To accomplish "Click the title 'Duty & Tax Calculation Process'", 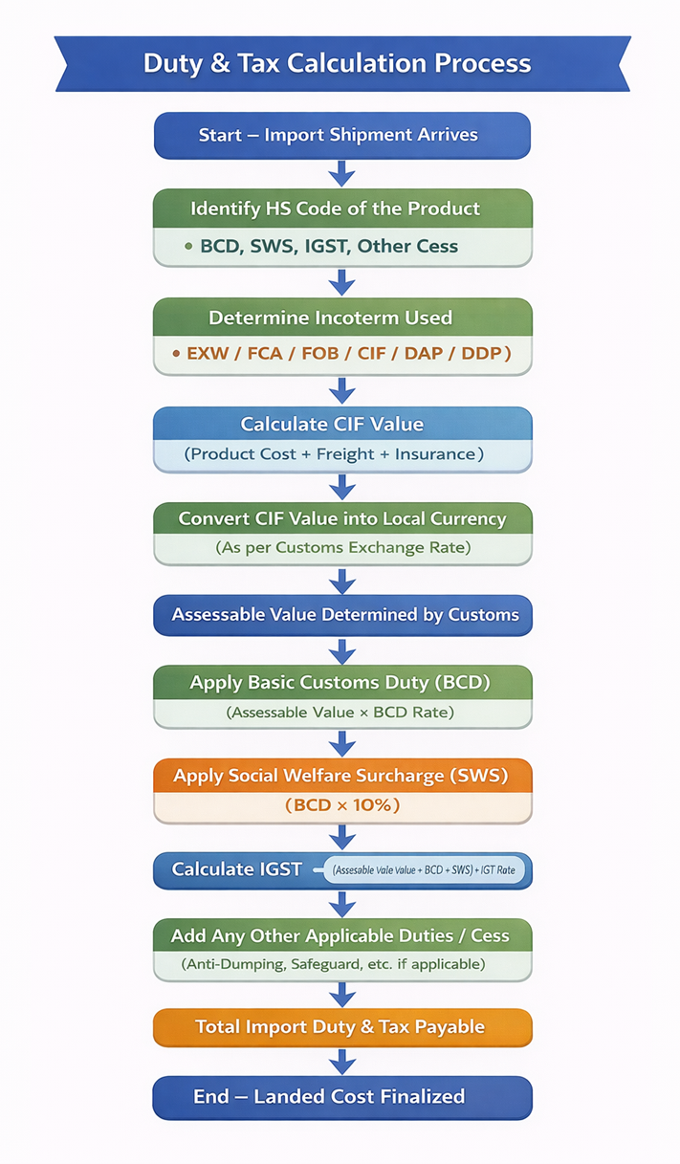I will [337, 64].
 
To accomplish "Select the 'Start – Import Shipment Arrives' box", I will [341, 135].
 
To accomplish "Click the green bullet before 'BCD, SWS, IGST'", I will [188, 247].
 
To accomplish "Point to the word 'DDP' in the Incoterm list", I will [487, 353].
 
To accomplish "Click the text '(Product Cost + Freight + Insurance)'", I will [334, 454].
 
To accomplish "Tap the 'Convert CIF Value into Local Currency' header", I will [341, 519].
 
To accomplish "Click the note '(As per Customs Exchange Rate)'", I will [342, 549].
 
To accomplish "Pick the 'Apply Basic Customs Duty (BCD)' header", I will [341, 683].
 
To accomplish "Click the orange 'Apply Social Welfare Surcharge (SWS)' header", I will [341, 776].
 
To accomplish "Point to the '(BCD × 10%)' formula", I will [342, 805].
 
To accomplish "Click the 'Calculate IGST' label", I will [236, 869].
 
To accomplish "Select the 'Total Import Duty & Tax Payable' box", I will [341, 1027].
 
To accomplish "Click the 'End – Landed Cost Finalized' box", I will [341, 1096].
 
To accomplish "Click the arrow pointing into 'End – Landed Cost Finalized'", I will [341, 1061].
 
